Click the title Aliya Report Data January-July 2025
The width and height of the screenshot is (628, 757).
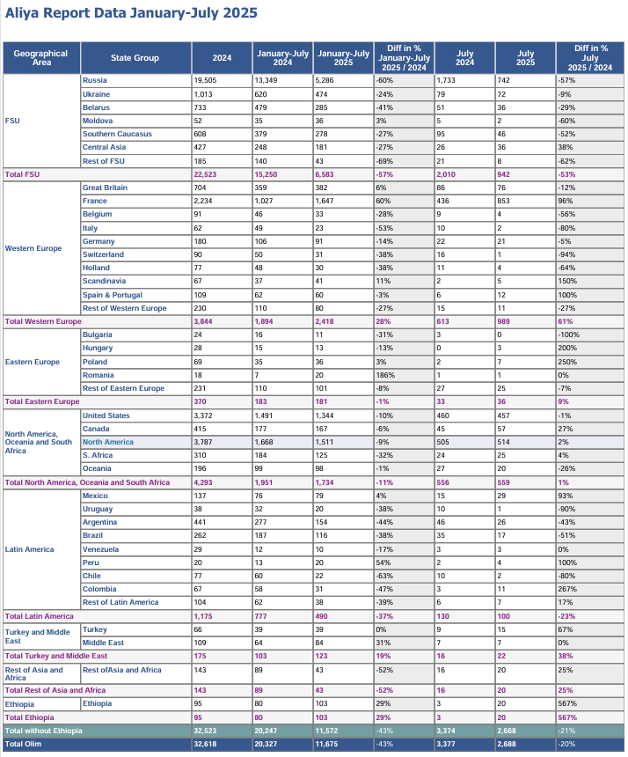point(131,13)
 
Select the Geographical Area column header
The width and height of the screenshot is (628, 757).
point(41,58)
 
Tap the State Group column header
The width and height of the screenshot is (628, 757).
point(135,58)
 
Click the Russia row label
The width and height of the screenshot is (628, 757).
point(94,80)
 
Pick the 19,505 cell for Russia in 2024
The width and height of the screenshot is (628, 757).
point(205,80)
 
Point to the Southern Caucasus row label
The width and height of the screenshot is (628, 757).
point(117,134)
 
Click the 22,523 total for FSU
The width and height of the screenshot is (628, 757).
point(205,174)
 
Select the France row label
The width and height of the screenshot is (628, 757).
point(95,201)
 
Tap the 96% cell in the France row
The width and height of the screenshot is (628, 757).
point(565,201)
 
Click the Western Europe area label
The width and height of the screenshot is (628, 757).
point(33,248)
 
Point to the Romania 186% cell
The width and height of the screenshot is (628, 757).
point(385,375)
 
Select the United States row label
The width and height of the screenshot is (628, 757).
point(106,415)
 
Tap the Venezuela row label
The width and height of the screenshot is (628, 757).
point(101,549)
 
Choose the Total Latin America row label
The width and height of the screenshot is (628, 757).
point(39,616)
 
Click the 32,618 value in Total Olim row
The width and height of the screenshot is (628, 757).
point(205,745)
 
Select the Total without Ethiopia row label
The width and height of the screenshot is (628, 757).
point(43,731)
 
